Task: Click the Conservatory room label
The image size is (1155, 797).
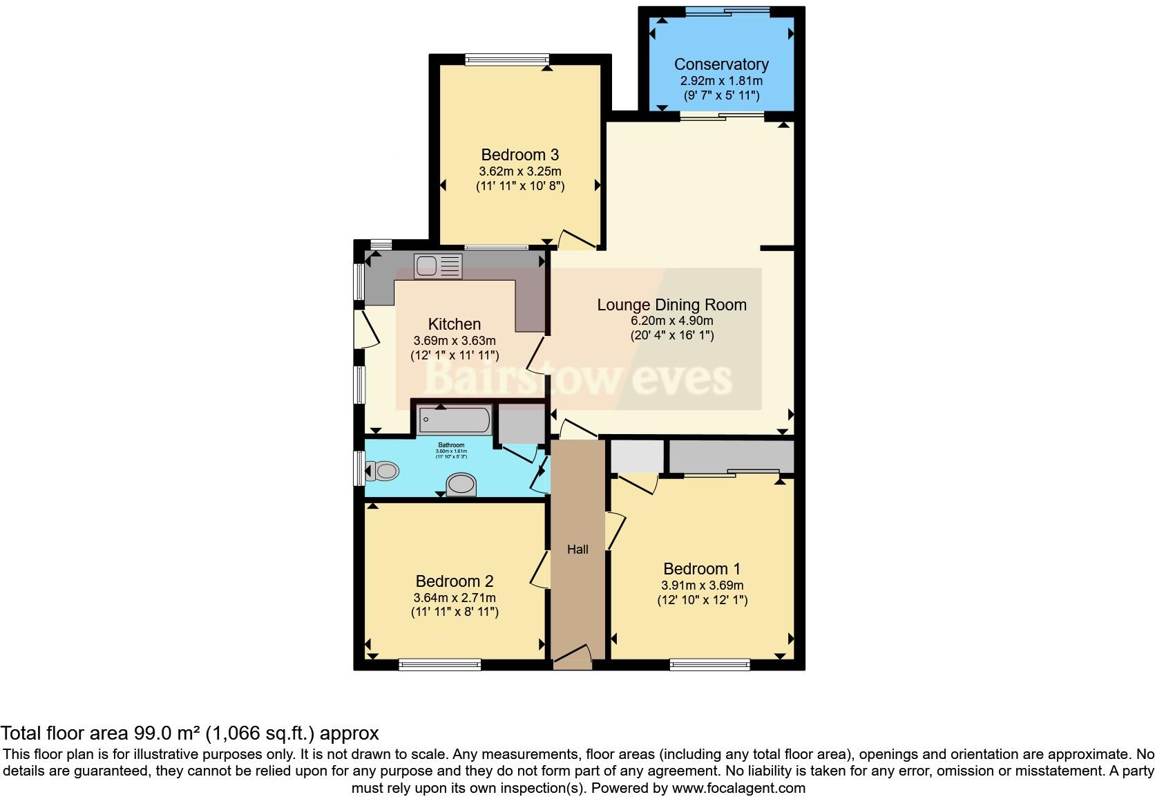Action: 721,64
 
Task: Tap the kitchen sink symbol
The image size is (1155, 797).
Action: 437,266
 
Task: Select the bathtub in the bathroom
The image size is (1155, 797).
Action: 455,420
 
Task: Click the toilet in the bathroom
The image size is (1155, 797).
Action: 383,471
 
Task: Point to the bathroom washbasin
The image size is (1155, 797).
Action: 461,485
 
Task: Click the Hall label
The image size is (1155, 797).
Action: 577,550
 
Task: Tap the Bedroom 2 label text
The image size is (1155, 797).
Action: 454,581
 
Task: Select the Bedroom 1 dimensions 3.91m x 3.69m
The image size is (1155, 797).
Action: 702,585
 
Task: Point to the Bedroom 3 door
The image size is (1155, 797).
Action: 576,239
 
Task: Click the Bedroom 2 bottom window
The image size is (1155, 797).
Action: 439,665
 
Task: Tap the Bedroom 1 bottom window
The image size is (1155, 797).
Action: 709,665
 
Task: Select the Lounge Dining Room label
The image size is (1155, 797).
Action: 671,305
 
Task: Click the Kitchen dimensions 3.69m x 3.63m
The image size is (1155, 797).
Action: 454,341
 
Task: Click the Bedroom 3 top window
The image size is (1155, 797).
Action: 507,59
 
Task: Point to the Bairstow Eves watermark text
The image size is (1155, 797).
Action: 577,378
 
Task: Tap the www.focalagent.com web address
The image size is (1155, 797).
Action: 738,787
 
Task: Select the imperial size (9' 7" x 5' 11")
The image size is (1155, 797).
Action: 721,95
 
